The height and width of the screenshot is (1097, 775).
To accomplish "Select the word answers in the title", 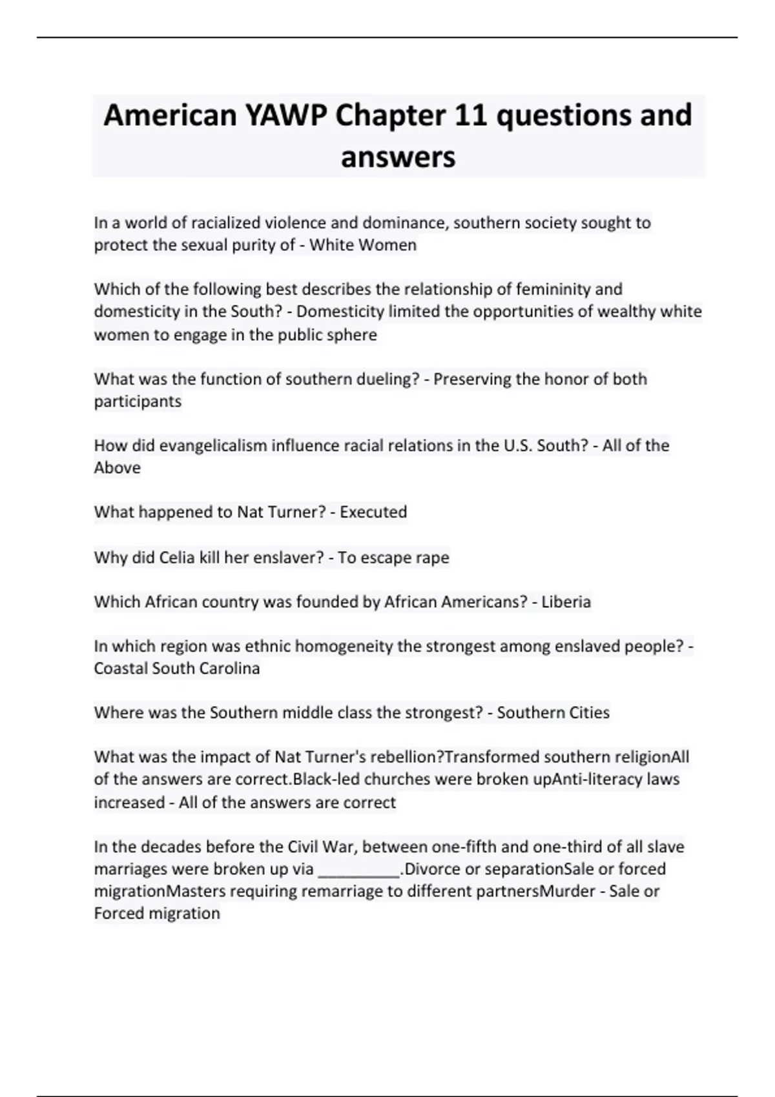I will tap(398, 157).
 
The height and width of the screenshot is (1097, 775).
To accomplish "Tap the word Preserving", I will tap(472, 379).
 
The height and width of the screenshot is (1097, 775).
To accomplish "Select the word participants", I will tap(138, 401).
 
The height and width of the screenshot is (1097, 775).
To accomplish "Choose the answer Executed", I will tap(373, 512).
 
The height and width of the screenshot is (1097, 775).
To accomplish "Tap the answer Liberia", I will tap(566, 602).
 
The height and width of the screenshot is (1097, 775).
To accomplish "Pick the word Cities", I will tap(586, 713).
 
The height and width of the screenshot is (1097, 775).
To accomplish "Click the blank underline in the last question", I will tap(359, 870).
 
